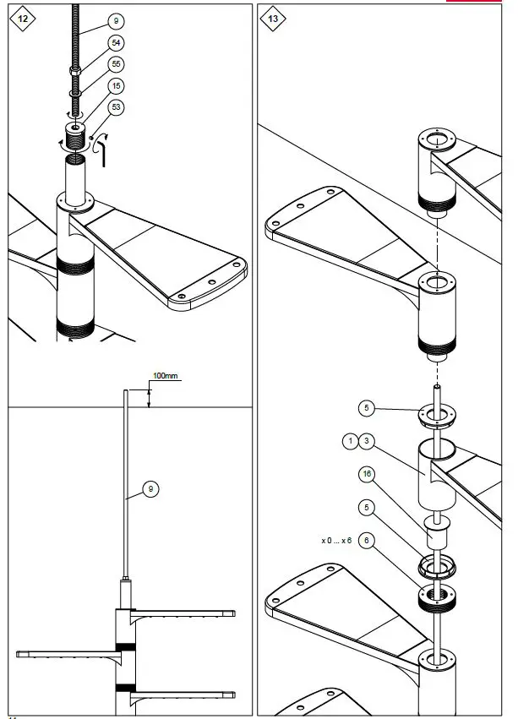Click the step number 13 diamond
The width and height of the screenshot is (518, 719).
click(x=271, y=18)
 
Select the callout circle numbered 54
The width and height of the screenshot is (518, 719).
click(x=116, y=43)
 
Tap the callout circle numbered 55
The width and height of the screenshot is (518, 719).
click(x=116, y=63)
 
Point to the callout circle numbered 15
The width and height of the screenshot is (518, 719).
click(x=116, y=85)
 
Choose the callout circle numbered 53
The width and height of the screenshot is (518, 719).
click(x=116, y=107)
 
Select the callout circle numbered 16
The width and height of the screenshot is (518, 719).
click(x=366, y=474)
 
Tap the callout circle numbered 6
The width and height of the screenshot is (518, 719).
click(x=366, y=539)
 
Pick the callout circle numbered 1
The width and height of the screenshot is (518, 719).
click(x=348, y=440)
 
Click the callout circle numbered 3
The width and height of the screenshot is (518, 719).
click(x=366, y=440)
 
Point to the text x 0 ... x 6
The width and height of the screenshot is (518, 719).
click(x=335, y=539)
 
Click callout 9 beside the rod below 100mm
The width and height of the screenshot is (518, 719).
click(x=150, y=488)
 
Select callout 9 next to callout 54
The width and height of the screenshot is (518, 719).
click(x=116, y=19)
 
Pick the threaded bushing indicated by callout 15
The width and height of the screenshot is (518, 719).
click(x=77, y=135)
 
